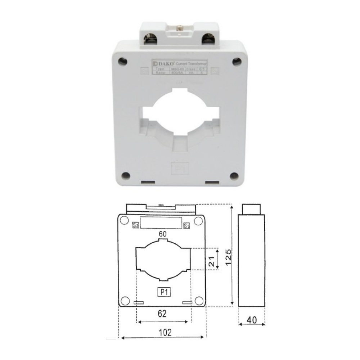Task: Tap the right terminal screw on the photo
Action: click(x=208, y=37)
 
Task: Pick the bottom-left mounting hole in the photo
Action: click(x=126, y=176)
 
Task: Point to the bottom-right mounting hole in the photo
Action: click(x=234, y=176)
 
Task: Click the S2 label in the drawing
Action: click(x=136, y=225)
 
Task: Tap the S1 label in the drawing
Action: click(x=186, y=226)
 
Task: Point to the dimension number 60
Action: click(x=163, y=234)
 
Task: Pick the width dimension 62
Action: click(x=162, y=314)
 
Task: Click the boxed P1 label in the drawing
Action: click(x=164, y=292)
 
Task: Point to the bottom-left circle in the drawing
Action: click(x=126, y=301)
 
